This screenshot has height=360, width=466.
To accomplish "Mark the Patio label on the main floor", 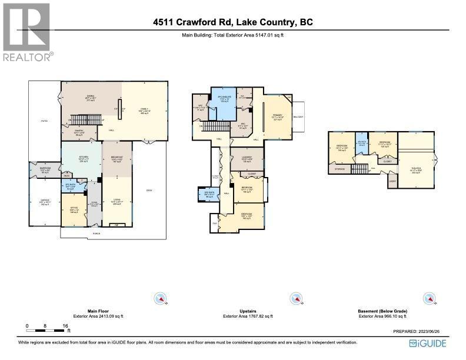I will click(45, 121).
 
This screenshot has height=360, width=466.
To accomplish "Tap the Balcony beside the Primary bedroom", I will click(299, 118).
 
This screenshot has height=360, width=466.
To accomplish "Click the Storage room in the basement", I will click(339, 169).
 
